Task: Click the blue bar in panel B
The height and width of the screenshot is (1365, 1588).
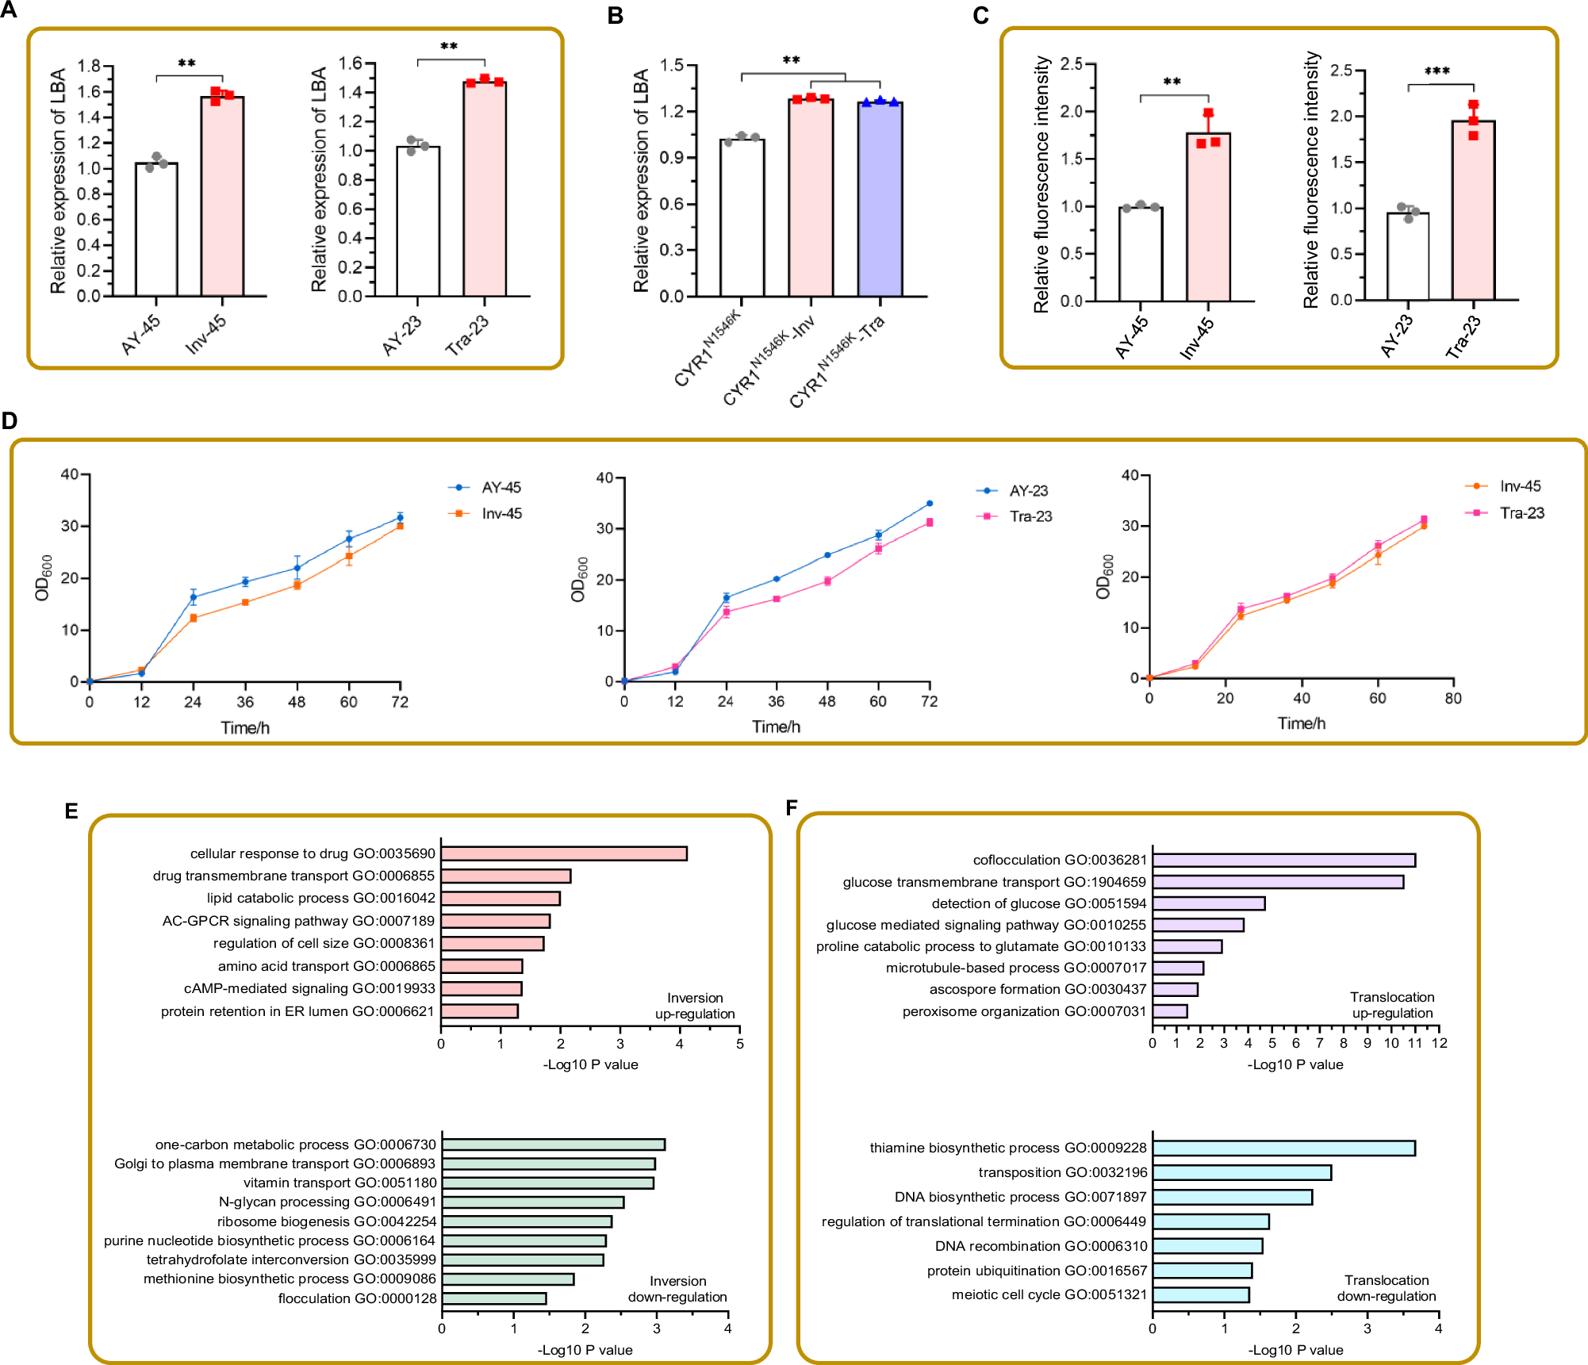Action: click(x=880, y=199)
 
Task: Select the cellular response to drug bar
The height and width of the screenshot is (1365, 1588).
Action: click(x=564, y=853)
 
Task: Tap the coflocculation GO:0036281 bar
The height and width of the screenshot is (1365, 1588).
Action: click(x=1283, y=860)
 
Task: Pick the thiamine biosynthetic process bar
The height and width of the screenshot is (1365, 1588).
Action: click(x=1283, y=1148)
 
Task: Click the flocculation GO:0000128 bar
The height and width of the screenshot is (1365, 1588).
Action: click(x=494, y=1298)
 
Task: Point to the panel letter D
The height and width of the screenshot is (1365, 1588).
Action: click(x=10, y=420)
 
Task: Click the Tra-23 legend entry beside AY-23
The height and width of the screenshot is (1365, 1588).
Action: click(x=1030, y=516)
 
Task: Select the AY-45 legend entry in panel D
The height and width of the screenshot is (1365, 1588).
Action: click(x=501, y=488)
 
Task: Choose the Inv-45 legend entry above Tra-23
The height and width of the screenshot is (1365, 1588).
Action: click(x=1520, y=486)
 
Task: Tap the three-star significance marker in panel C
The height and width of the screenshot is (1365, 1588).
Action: click(x=1437, y=71)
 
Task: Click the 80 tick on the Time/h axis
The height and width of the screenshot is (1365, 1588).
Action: click(x=1453, y=698)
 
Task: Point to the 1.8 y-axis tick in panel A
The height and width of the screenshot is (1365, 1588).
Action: click(x=89, y=66)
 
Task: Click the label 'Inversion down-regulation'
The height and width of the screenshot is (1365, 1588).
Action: click(x=677, y=1289)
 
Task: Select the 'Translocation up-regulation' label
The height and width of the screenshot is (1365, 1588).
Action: click(x=1392, y=1005)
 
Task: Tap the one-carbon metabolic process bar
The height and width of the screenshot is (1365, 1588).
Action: click(x=553, y=1145)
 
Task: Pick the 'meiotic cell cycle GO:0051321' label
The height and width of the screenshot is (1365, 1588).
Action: click(x=1049, y=1294)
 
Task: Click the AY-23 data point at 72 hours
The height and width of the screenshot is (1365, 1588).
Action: click(x=929, y=504)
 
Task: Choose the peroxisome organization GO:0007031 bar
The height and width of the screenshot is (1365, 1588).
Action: click(x=1170, y=1011)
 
